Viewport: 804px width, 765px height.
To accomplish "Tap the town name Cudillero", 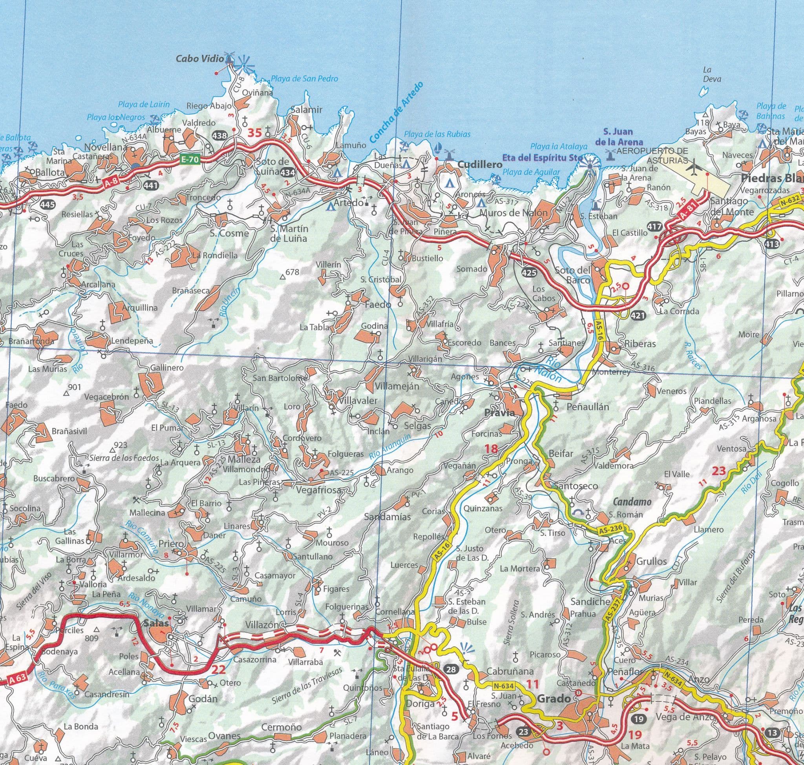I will coord(480,165).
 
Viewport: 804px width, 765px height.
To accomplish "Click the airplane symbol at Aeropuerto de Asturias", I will coord(693,168).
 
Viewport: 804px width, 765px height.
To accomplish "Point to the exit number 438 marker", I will coord(219,136).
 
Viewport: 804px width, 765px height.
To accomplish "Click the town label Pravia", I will coord(498,413).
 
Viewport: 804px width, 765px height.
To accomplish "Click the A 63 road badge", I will coord(15,678).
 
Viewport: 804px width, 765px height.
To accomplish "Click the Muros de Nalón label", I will coord(513,213).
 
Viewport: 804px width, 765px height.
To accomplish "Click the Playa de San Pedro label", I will coord(304,79).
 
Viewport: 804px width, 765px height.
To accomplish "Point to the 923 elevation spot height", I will coord(121,445).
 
